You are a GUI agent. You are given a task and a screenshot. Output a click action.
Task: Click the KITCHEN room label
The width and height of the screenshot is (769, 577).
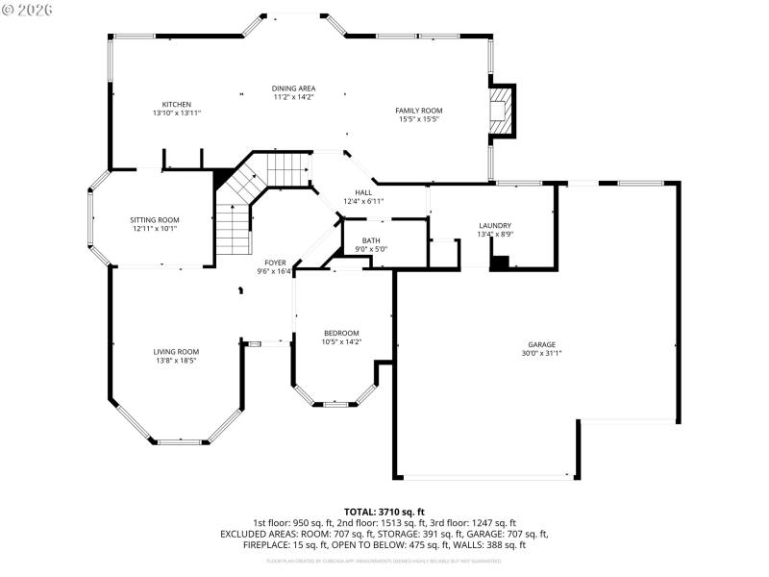coord(176,104)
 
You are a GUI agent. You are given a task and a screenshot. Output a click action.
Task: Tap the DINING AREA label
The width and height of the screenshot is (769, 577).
coord(293,88)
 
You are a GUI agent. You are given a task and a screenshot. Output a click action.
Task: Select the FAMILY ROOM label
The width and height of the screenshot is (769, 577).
coord(418,111)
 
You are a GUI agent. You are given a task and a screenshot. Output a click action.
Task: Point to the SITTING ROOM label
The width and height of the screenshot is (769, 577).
coord(155,220)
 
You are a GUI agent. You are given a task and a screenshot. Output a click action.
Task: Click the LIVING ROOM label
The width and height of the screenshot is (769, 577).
coord(176,352)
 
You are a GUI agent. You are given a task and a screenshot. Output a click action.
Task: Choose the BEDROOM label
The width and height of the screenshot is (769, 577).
coord(341,333)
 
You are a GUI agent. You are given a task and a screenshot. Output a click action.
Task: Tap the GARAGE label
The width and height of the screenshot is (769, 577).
coord(541,344)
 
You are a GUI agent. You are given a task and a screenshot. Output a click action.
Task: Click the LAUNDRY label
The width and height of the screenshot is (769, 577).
coord(494,225)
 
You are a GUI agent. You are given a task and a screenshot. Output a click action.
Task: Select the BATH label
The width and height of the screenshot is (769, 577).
coord(371,240)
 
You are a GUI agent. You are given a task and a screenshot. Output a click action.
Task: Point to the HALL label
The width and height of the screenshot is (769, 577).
coord(363,192)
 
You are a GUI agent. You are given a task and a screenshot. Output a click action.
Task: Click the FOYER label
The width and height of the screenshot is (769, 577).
coord(275,263)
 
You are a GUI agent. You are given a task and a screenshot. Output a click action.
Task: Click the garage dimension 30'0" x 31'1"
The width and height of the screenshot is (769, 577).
coord(541,353)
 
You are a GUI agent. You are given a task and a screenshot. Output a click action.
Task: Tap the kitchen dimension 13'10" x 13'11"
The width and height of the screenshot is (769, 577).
coord(176,113)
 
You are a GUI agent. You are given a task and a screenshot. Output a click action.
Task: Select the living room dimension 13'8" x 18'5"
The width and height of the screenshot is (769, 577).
coord(176,361)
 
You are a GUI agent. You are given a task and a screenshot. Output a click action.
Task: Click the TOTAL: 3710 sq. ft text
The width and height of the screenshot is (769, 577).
coord(384,512)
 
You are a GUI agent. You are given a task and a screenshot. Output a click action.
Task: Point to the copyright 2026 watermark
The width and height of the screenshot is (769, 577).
coord(28,9)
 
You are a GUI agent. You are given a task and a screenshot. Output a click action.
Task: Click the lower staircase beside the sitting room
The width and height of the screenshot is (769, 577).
coord(232,231)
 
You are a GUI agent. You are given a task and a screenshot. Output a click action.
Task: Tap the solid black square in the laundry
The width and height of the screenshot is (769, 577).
coord(499,263)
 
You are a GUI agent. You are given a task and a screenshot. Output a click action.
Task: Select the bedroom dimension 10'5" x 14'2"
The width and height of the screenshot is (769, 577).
coord(341,341)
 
